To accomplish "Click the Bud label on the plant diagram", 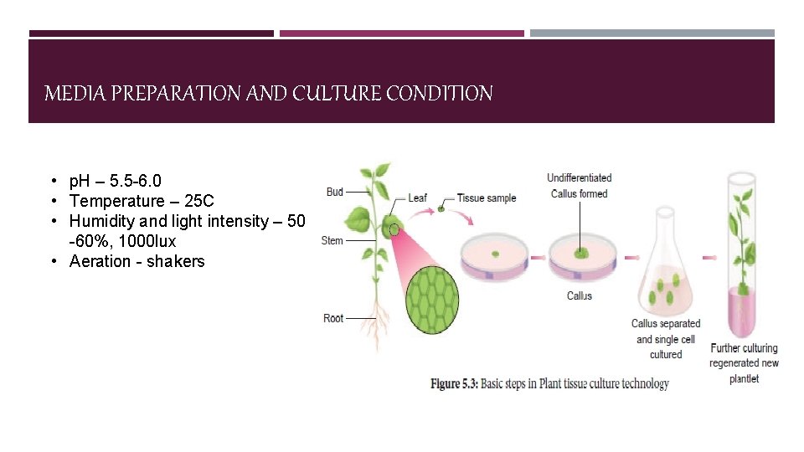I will [x=335, y=192].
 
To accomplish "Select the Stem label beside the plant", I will [x=332, y=240].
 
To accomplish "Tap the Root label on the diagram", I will [x=333, y=318].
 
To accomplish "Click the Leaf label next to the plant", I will [x=417, y=198].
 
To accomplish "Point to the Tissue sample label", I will [x=487, y=198].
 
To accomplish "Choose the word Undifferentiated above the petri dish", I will [x=580, y=177].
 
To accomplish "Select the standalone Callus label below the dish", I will [x=580, y=295].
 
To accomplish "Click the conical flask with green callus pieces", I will [x=665, y=276].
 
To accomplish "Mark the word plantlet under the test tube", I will [x=744, y=378].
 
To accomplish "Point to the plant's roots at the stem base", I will [x=376, y=322].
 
